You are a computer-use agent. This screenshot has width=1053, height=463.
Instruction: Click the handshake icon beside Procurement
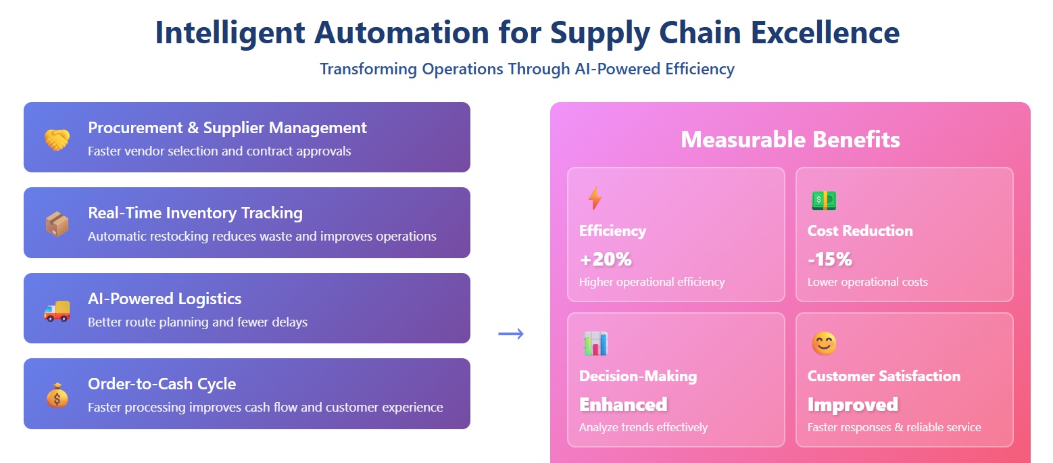tap(57, 139)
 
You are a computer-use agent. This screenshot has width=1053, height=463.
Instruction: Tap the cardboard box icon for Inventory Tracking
tap(57, 224)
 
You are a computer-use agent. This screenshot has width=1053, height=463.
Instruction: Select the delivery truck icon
tap(57, 310)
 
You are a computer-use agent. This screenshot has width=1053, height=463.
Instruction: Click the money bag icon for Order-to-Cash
tap(57, 395)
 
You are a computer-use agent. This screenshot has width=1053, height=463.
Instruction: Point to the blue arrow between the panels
tap(510, 333)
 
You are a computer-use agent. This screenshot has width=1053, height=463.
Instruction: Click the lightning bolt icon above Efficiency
tap(594, 199)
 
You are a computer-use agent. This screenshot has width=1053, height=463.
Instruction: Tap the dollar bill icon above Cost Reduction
tap(823, 199)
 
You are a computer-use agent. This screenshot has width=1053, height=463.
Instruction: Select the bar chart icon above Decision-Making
tap(595, 344)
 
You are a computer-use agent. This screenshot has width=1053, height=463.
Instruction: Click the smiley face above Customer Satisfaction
tap(823, 344)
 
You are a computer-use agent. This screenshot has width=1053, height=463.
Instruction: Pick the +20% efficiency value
tap(605, 259)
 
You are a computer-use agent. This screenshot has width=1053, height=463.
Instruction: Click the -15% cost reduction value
tap(829, 259)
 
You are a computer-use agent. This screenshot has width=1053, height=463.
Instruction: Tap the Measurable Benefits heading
tap(790, 139)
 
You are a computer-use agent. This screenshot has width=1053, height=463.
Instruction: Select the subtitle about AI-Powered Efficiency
tap(526, 69)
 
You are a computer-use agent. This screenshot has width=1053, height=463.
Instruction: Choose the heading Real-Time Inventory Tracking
tap(195, 213)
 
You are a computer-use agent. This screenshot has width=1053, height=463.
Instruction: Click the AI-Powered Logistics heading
tap(164, 299)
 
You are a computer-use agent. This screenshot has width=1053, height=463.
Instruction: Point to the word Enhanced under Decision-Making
tap(622, 404)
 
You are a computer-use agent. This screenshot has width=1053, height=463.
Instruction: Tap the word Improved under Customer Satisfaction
tap(852, 404)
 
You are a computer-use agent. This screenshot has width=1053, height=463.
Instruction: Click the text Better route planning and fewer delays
tap(197, 322)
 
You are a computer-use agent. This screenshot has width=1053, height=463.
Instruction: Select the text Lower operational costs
tap(867, 282)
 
